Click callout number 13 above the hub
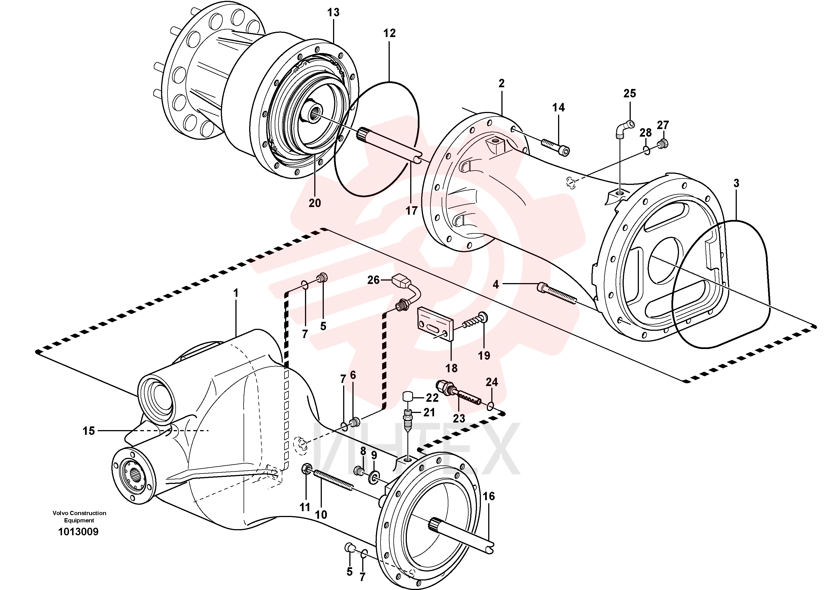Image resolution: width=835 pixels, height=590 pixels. [333, 12]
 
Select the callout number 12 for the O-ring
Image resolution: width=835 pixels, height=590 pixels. [389, 33]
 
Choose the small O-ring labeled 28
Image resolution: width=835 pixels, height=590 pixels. [646, 150]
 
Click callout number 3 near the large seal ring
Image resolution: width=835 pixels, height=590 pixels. [736, 183]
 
